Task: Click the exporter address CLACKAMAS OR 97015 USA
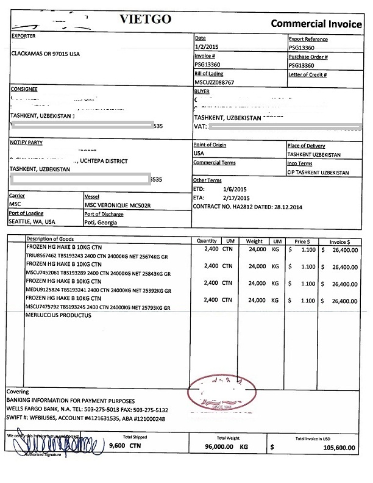click(x=46, y=53)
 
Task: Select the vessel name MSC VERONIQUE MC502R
click(x=116, y=205)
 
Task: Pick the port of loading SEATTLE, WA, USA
click(x=32, y=222)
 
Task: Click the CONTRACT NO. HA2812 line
click(x=247, y=207)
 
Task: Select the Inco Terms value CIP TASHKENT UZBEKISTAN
click(x=318, y=173)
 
